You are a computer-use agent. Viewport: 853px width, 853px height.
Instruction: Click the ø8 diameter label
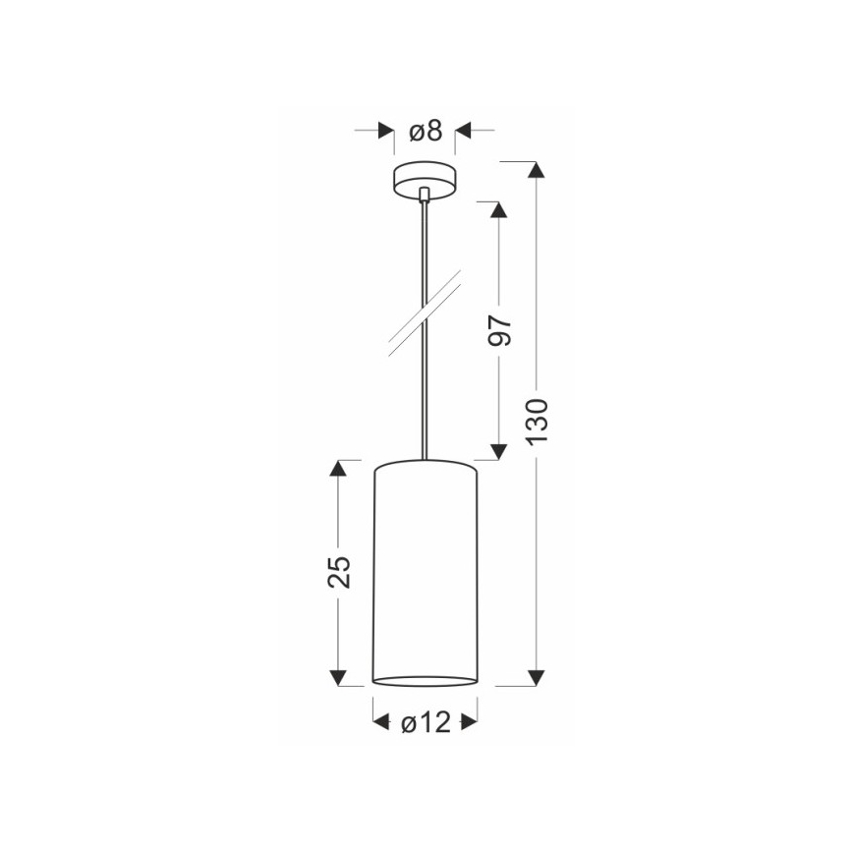click(x=425, y=131)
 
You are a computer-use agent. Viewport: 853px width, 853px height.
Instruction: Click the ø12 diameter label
click(x=426, y=723)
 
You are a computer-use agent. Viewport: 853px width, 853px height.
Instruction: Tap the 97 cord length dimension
click(x=500, y=332)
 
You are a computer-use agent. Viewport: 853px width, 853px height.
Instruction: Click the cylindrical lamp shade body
click(x=426, y=570)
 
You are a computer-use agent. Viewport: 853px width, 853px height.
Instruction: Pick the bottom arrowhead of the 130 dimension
click(x=537, y=677)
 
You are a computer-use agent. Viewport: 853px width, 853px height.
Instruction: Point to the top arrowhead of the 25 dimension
click(x=338, y=468)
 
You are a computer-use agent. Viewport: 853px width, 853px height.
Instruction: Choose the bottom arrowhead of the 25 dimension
click(x=338, y=677)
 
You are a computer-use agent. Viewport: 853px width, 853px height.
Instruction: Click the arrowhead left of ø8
click(x=386, y=130)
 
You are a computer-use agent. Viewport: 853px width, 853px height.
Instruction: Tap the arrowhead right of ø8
click(x=463, y=130)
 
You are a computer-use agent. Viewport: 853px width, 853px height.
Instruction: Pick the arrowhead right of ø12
click(x=470, y=722)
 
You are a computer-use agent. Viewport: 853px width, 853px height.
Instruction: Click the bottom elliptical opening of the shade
click(x=426, y=679)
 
